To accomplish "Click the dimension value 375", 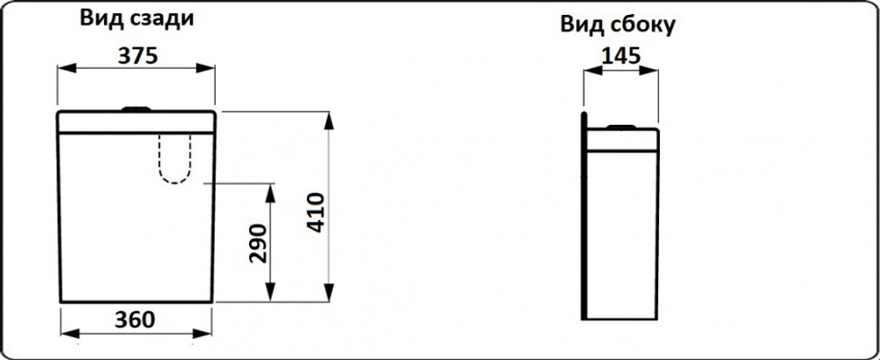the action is tap(136, 55).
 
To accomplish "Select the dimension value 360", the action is tap(135, 320).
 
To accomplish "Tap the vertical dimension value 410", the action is tap(317, 212).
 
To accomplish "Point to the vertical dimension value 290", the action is tap(258, 243).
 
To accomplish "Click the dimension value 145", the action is tap(620, 55).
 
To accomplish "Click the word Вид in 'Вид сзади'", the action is tap(99, 18).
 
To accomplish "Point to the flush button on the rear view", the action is tap(136, 108).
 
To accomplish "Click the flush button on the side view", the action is tap(620, 127).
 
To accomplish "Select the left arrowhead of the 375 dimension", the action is tap(67, 68).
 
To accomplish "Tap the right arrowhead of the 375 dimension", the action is tap(205, 68).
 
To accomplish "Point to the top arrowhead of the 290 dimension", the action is tap(270, 193).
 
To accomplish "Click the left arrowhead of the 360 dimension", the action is tap(70, 334).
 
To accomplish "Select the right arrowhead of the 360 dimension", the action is tap(202, 334).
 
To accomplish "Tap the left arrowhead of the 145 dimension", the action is tap(592, 70).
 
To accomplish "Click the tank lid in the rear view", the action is tap(136, 122).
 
